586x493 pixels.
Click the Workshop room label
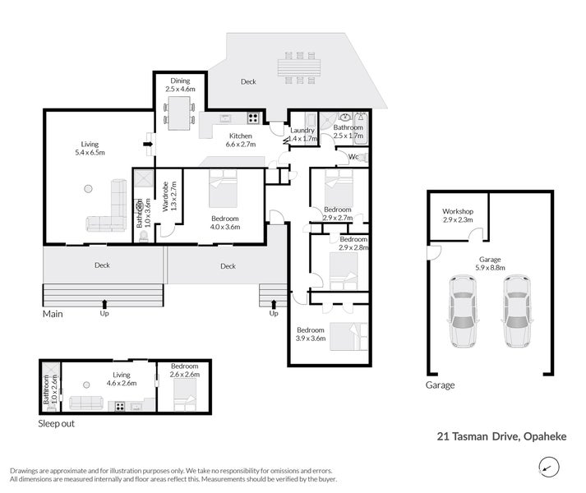(x=458, y=211)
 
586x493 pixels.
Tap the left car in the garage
(x=463, y=311)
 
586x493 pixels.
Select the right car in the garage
(x=517, y=311)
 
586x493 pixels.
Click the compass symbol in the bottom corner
(x=549, y=468)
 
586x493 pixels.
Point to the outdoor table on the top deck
(x=299, y=67)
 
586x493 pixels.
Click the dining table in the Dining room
(x=179, y=113)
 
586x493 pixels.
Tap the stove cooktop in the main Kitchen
(x=253, y=118)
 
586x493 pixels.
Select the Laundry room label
(x=302, y=130)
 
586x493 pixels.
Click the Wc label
(x=353, y=157)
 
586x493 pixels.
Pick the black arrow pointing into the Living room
(x=148, y=144)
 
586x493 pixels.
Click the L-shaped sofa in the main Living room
(x=109, y=210)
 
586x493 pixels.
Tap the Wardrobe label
(x=165, y=196)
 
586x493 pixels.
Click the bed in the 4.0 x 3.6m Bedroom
(x=223, y=188)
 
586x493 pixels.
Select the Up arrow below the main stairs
(x=104, y=303)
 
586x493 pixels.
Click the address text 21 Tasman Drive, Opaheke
(x=501, y=436)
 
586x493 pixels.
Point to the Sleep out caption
(x=57, y=423)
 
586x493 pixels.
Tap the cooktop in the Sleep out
(x=120, y=406)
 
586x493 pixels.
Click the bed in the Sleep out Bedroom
(x=185, y=394)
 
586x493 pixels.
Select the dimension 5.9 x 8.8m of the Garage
(x=490, y=268)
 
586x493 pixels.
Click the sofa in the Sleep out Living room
(x=86, y=403)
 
